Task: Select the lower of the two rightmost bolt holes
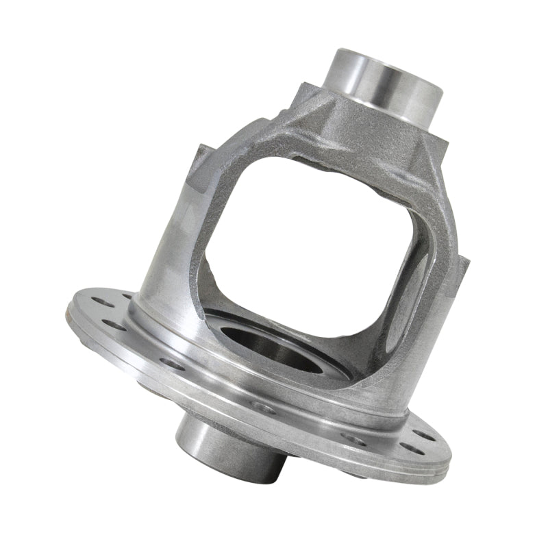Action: click(x=410, y=449)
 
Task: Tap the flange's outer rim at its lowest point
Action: click(x=384, y=480)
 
